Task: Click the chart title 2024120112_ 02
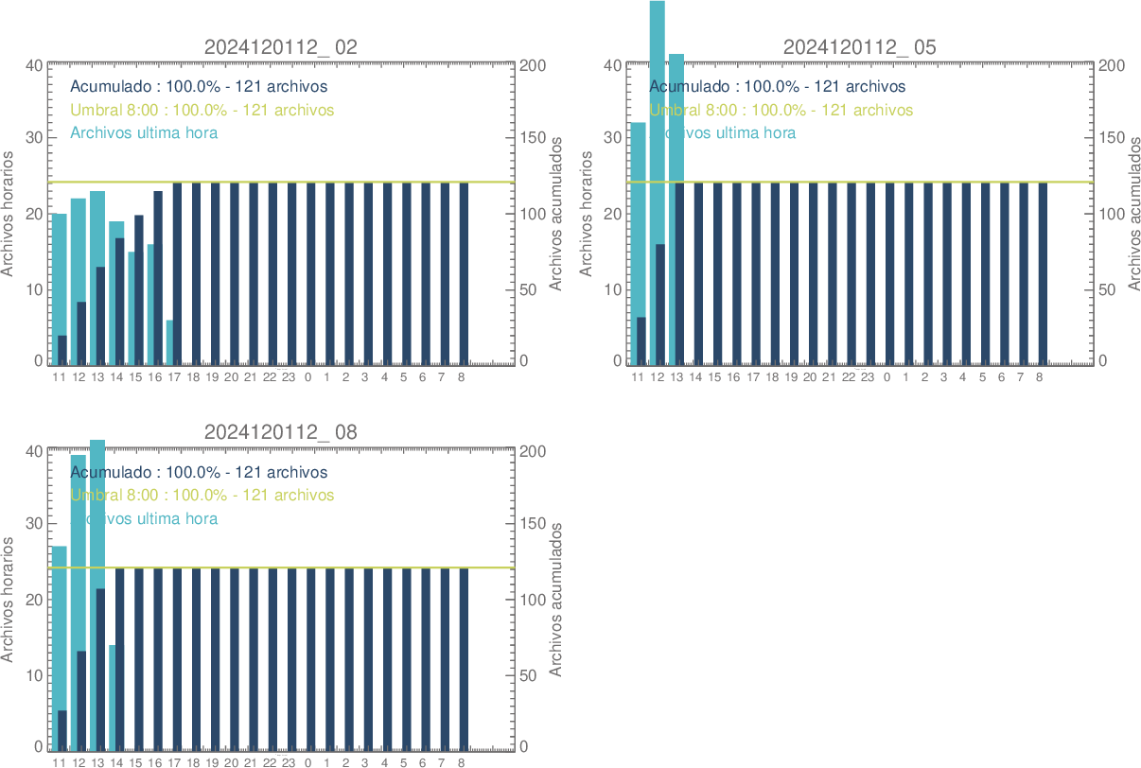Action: (281, 47)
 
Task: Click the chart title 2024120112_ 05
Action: (860, 47)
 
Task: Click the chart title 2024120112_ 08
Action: (281, 432)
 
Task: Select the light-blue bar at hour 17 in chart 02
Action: (169, 342)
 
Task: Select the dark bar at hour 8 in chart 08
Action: (464, 657)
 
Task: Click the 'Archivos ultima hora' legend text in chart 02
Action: (144, 132)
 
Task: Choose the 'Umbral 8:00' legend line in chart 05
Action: (781, 110)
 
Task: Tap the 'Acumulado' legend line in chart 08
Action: (199, 472)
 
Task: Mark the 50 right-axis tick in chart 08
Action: (530, 675)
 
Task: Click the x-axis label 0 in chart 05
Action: (886, 377)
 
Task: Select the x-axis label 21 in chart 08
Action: (251, 762)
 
